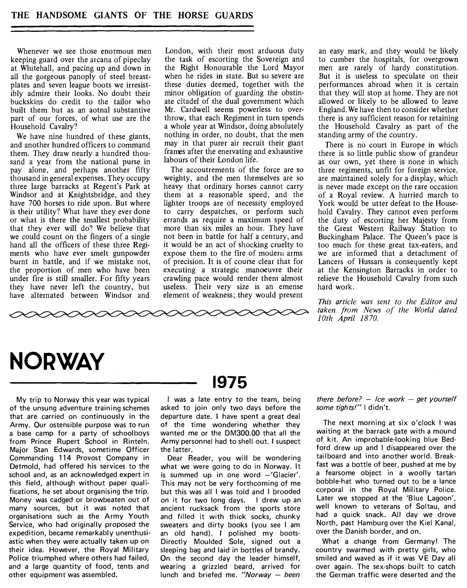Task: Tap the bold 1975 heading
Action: pos(229,383)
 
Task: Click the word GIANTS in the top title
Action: pos(111,15)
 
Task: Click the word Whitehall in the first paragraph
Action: pos(28,68)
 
